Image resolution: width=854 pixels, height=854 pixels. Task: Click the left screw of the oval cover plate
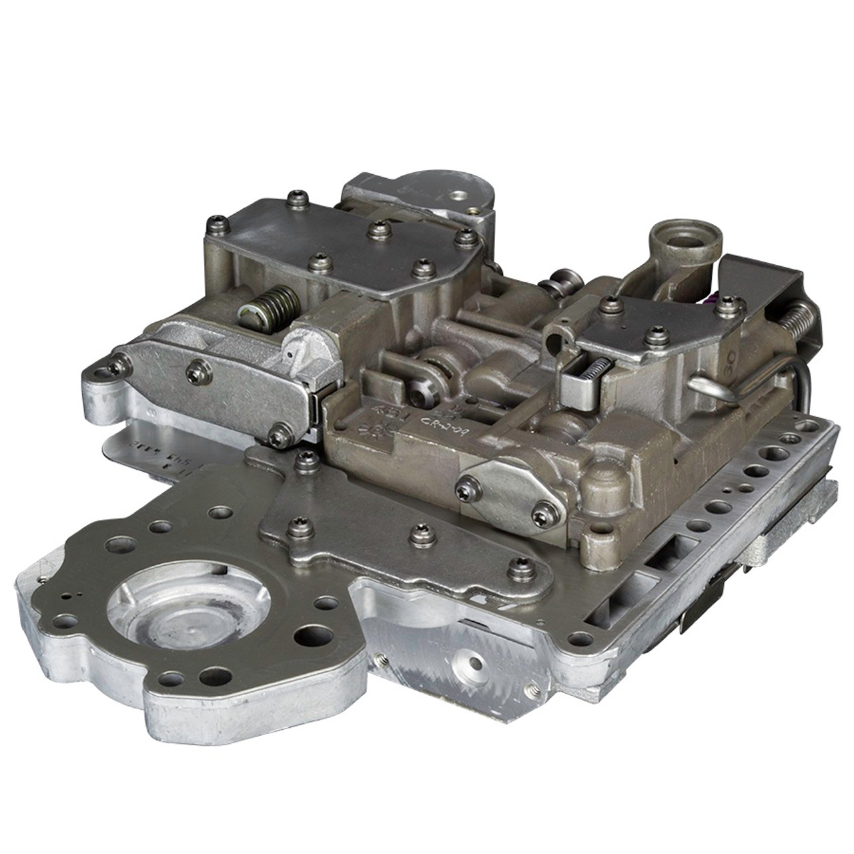(462, 492)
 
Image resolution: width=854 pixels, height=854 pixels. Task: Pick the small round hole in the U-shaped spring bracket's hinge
(551, 347)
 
